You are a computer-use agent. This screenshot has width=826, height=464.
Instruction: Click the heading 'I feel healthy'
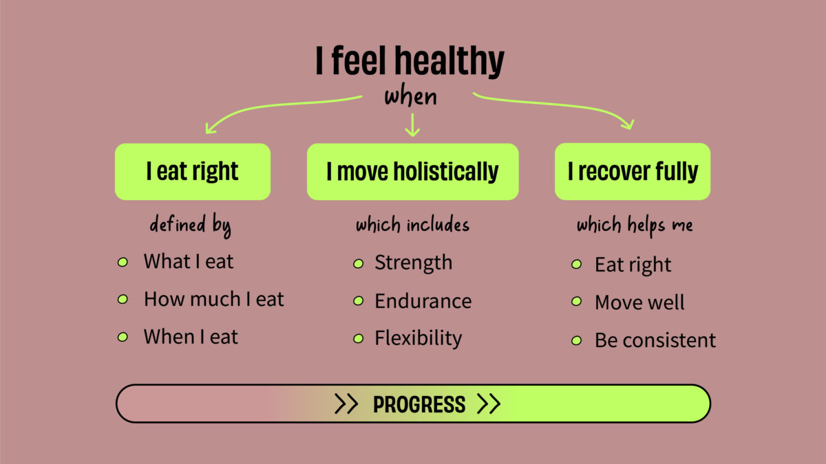tap(410, 61)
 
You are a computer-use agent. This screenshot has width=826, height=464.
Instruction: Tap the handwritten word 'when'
tap(410, 96)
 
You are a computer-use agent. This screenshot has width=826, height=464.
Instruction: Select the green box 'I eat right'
tap(192, 172)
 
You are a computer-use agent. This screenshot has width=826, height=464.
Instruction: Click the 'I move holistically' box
tap(412, 172)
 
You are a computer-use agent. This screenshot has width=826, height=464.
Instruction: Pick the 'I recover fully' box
tap(632, 172)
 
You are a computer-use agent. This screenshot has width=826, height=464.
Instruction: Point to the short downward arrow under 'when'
tap(412, 125)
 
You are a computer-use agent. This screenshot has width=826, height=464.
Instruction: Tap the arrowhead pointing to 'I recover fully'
tap(627, 123)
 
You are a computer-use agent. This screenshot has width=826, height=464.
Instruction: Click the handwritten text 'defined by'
tap(191, 225)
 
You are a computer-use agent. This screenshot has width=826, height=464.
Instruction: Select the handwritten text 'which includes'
tap(412, 225)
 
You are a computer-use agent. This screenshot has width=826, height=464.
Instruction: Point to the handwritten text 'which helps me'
tap(635, 225)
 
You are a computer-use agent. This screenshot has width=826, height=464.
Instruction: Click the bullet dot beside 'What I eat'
tap(123, 263)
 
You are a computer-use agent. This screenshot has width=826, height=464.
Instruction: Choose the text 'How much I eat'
tap(213, 299)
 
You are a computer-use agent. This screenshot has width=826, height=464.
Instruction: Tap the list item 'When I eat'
tap(191, 337)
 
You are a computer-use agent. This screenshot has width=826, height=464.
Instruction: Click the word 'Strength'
tap(413, 263)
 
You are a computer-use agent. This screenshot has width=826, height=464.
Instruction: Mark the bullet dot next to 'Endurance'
tap(358, 301)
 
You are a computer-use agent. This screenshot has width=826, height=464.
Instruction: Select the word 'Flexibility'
tap(418, 338)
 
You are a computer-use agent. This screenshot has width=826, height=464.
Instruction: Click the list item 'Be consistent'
tap(655, 340)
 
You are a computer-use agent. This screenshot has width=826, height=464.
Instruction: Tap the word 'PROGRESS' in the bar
tap(419, 404)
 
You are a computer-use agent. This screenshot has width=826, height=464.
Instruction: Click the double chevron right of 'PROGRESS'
tap(488, 404)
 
